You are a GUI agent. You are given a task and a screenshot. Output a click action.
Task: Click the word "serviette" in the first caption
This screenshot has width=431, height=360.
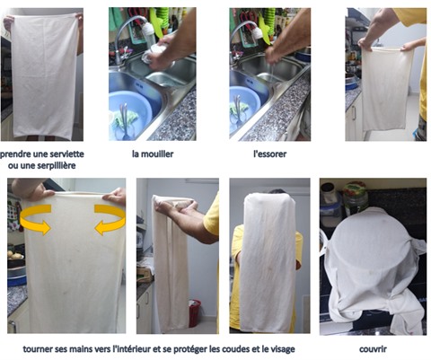66,154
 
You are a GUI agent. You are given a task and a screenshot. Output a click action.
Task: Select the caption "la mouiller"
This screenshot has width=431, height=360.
153,154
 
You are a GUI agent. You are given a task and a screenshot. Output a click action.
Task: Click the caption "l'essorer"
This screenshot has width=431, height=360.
270,154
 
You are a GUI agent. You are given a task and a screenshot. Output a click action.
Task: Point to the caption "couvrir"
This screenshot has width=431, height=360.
373,349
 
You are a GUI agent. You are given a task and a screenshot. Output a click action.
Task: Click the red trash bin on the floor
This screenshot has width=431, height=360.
195,312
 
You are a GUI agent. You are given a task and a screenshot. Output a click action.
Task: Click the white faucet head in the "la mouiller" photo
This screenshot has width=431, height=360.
149,31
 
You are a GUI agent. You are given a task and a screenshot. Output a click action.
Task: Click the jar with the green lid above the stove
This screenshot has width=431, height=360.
356,198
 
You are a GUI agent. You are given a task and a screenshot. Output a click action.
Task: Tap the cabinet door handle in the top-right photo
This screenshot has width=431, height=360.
354,112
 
